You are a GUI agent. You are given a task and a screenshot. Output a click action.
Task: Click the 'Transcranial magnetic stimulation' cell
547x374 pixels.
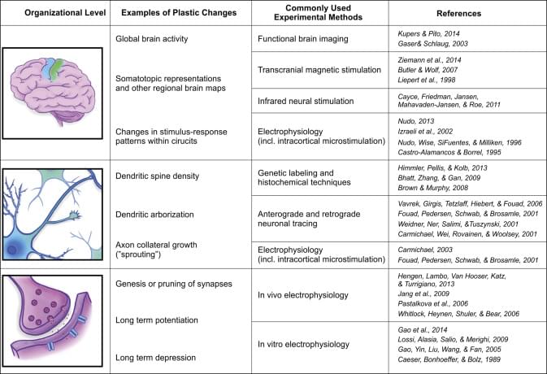tap(318, 72)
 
